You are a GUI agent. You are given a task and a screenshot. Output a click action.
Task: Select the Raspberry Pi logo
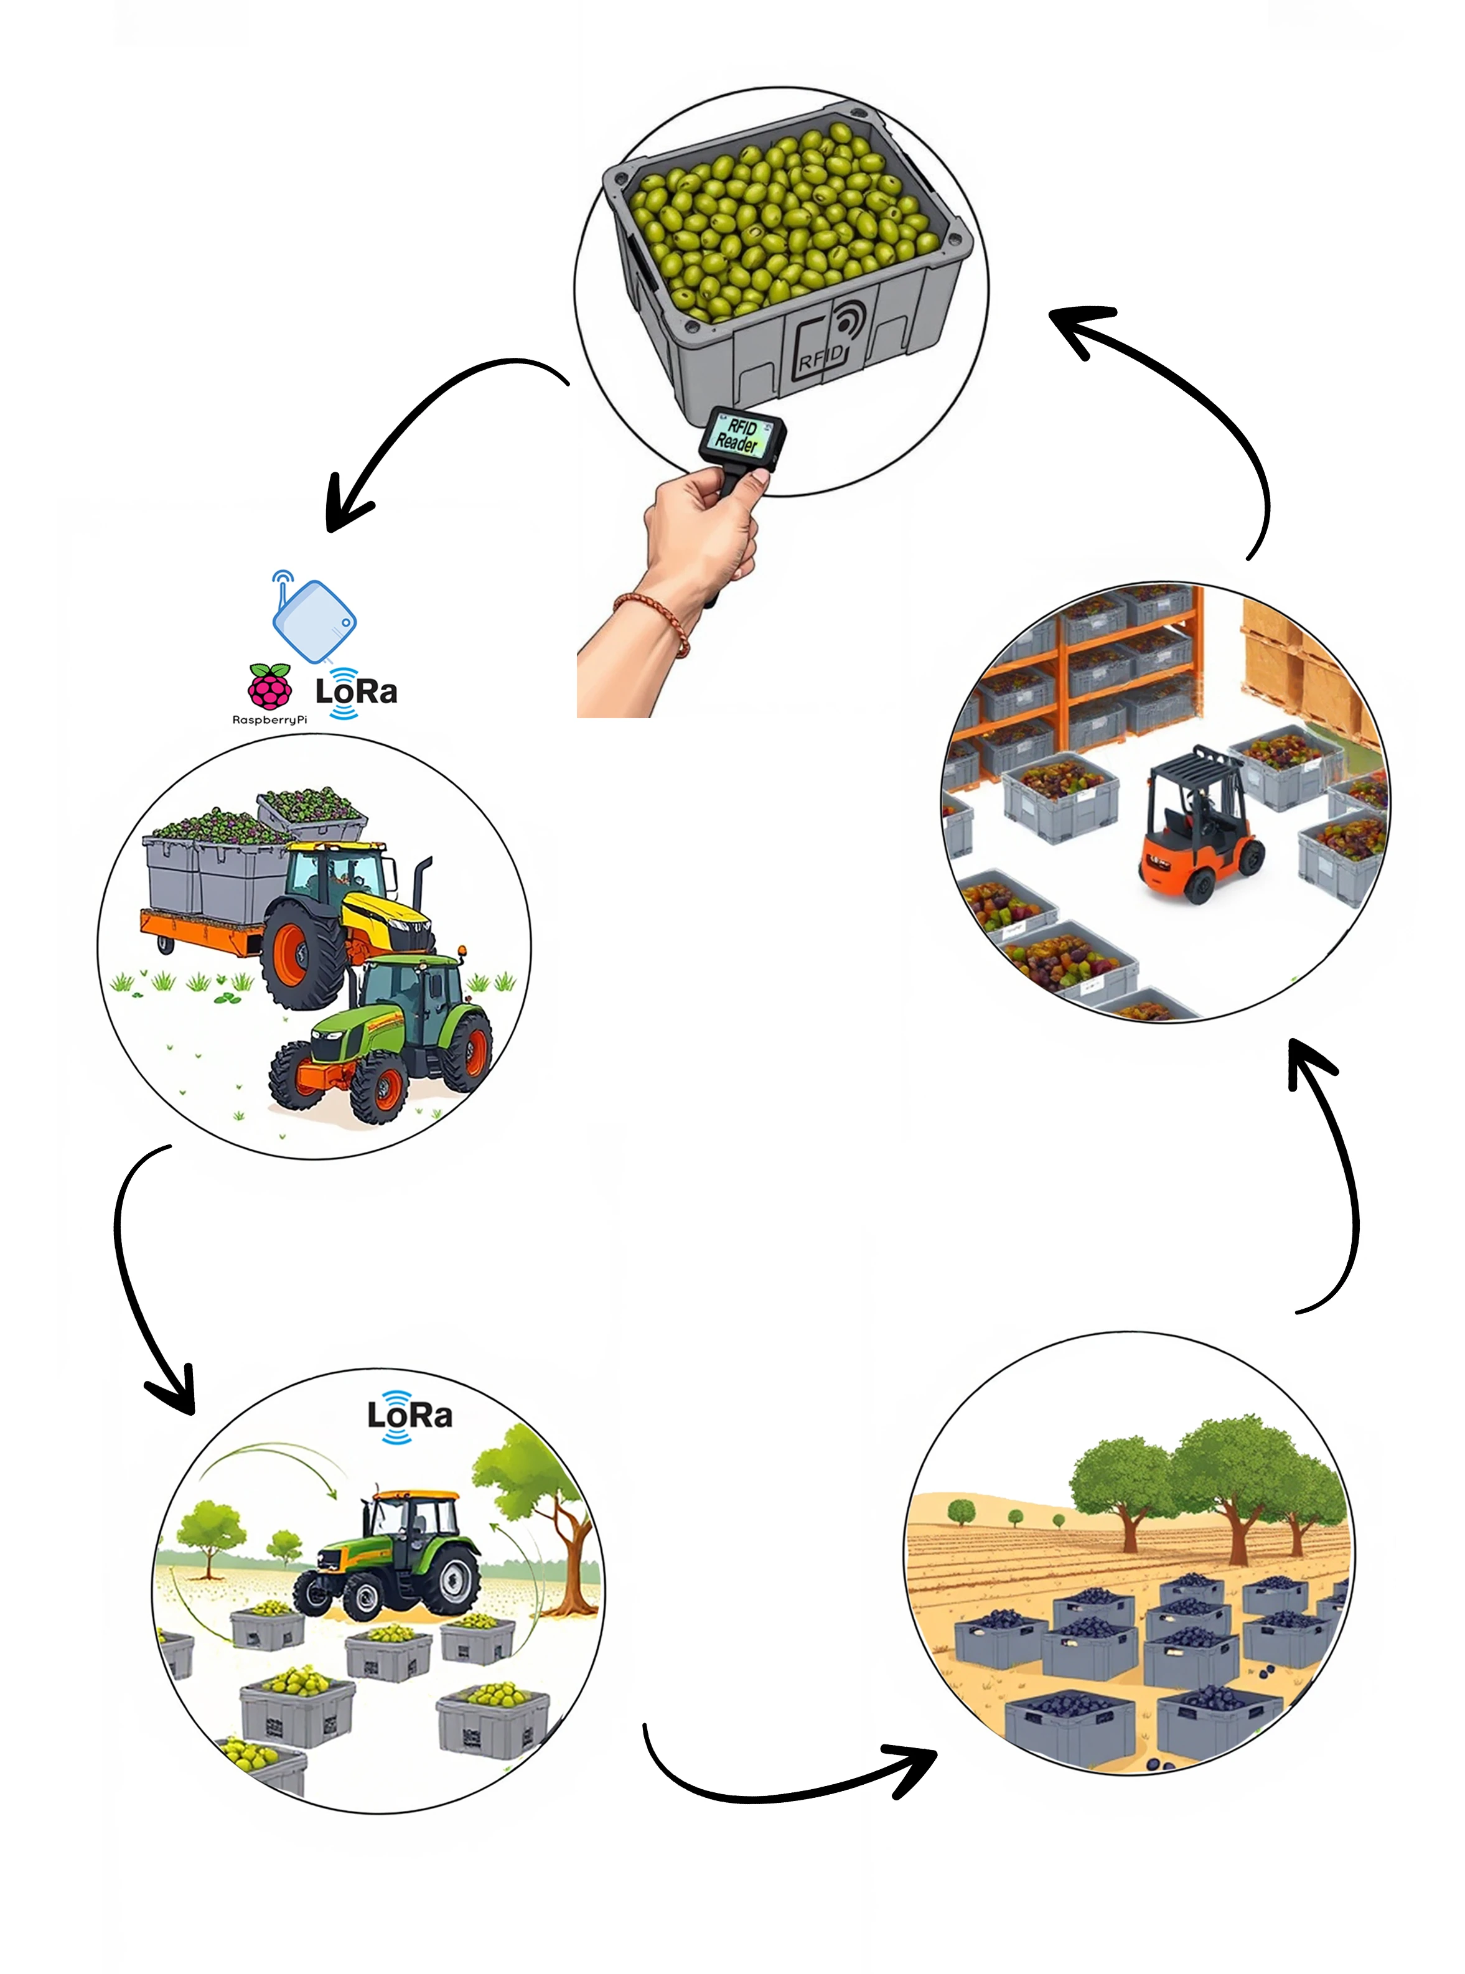click(269, 686)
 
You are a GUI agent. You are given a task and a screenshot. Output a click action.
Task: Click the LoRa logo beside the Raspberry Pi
click(355, 691)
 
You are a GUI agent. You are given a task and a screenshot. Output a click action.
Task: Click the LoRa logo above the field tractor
click(409, 1415)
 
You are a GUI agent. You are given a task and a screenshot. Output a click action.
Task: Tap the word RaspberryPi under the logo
click(269, 719)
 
